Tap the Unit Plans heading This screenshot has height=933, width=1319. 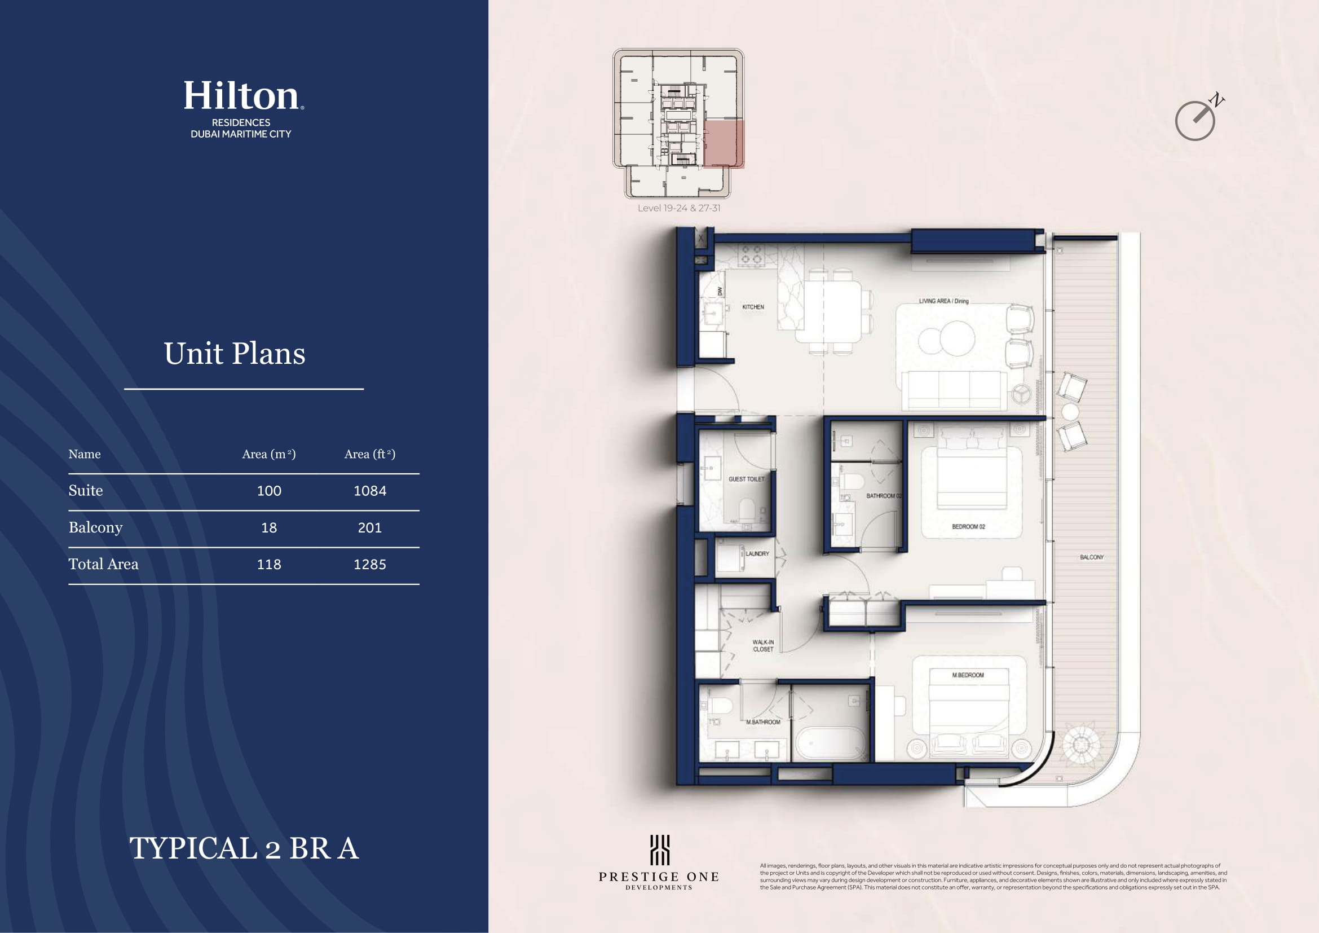[235, 353]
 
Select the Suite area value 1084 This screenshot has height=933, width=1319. [370, 491]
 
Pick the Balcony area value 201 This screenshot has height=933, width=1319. [370, 527]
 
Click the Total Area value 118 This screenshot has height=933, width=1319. [269, 564]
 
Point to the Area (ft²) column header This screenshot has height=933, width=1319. [370, 454]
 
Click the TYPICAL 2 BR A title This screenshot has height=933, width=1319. [244, 848]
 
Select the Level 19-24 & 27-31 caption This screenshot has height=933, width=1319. [678, 208]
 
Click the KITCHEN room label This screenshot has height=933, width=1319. [753, 307]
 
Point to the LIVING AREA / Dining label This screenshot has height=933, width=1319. [944, 301]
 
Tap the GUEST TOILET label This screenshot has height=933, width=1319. [746, 479]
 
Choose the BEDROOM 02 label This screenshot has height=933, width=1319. [969, 526]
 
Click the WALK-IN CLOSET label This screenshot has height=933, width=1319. [763, 646]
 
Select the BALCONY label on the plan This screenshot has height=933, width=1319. [1092, 557]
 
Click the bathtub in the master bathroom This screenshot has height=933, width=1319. [831, 744]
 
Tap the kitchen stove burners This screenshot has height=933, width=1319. [751, 254]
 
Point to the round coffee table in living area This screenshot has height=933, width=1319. [946, 338]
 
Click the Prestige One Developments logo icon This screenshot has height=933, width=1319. [660, 850]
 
